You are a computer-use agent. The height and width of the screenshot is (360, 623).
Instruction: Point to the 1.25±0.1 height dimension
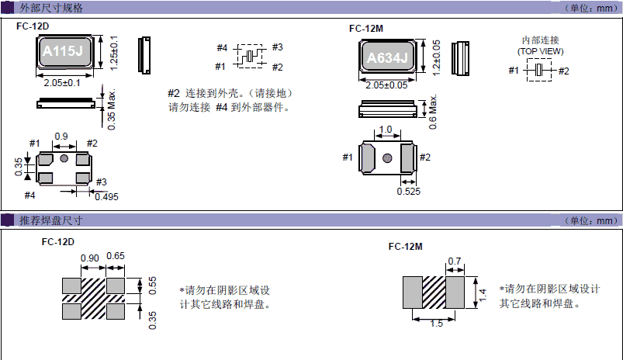click(114, 53)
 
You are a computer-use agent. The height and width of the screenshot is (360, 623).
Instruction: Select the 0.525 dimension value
click(409, 191)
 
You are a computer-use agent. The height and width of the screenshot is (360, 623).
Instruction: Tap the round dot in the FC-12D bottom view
click(64, 159)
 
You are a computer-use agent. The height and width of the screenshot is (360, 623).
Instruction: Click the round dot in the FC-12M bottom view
click(386, 158)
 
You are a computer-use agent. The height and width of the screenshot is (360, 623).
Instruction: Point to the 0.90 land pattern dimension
click(90, 258)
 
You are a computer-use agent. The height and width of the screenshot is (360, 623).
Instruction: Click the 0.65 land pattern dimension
click(116, 258)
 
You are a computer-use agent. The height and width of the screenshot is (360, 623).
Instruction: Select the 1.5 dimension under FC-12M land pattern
click(436, 324)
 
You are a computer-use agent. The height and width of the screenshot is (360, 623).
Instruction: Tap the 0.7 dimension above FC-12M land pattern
click(455, 261)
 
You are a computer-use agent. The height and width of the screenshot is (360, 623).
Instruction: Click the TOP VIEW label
click(541, 51)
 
